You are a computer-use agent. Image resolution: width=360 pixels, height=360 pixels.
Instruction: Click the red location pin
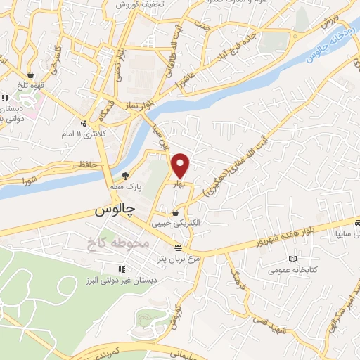[181, 166]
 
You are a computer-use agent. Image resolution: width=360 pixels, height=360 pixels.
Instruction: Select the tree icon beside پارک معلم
[126, 176]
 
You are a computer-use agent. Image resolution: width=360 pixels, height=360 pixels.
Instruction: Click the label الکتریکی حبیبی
[175, 223]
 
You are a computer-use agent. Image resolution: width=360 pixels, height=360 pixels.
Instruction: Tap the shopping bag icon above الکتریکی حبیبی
[175, 212]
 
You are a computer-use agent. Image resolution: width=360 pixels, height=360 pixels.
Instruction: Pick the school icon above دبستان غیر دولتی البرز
[122, 268]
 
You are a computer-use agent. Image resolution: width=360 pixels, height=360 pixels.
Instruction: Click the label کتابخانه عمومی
[285, 269]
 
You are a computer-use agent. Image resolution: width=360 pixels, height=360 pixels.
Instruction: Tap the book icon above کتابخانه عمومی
[285, 258]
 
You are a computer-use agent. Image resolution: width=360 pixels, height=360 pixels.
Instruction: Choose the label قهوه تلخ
[30, 84]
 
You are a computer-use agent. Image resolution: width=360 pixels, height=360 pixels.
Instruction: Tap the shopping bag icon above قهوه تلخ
[30, 74]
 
